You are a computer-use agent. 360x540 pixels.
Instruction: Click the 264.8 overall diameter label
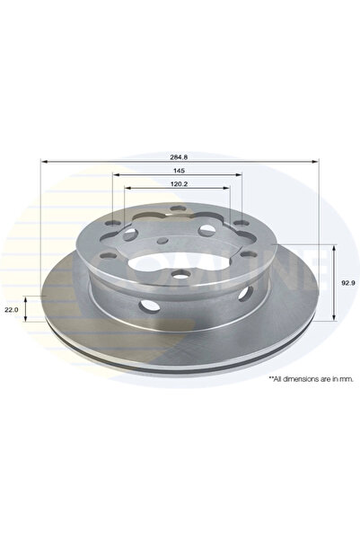(x=179, y=154)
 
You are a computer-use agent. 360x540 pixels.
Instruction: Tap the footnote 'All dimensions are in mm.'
(x=312, y=380)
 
